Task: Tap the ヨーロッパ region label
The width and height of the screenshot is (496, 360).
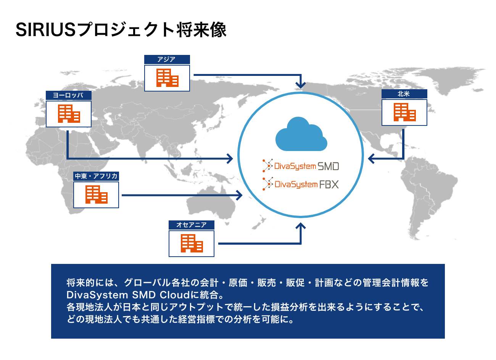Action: (68, 96)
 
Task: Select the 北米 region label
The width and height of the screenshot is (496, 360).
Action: (404, 94)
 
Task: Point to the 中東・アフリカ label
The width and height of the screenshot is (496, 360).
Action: (96, 176)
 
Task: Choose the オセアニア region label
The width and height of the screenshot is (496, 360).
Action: (191, 225)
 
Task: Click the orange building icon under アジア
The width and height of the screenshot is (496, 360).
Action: (167, 78)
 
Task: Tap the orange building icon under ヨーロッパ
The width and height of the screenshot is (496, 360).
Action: (69, 114)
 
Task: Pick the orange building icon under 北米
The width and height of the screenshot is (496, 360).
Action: (404, 112)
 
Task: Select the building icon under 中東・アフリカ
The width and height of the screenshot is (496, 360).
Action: (96, 194)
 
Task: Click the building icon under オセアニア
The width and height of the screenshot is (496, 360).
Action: (192, 243)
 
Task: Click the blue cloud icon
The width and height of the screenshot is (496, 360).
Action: (301, 134)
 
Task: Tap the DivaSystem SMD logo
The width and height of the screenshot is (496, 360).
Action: (301, 166)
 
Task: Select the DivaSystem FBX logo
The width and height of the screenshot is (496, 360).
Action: (301, 184)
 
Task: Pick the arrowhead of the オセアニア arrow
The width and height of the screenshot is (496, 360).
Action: (301, 226)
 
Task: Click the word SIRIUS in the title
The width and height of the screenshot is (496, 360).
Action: (46, 30)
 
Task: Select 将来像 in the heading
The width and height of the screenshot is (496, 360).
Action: (201, 30)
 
